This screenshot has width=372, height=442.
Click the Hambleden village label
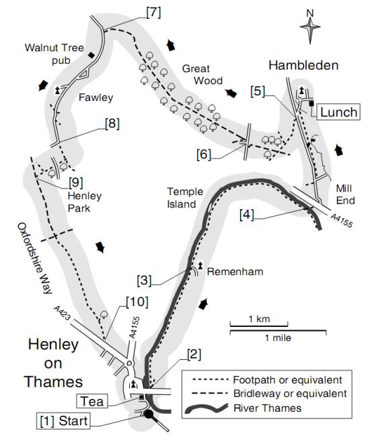click(303, 65)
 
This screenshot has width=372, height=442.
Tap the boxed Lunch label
click(339, 112)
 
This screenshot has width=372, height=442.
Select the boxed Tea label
click(92, 401)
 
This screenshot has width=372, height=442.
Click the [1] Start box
click(64, 421)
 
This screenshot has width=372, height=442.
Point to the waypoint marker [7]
click(153, 12)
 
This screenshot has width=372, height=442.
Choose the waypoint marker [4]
click(247, 215)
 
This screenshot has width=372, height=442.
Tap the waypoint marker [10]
click(137, 302)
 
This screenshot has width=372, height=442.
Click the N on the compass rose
click(310, 13)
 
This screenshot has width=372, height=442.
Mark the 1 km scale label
click(259, 319)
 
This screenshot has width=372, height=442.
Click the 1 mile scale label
click(278, 338)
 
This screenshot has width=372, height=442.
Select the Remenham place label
click(235, 272)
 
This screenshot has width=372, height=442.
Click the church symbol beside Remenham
click(200, 266)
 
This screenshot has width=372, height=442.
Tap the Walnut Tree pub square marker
click(91, 55)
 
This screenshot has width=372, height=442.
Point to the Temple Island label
click(185, 198)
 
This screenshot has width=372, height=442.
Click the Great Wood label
click(202, 75)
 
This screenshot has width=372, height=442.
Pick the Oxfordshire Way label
click(35, 258)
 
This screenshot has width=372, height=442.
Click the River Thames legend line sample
click(206, 408)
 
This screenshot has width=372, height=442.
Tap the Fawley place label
click(96, 98)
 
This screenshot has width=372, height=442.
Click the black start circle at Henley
click(149, 414)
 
